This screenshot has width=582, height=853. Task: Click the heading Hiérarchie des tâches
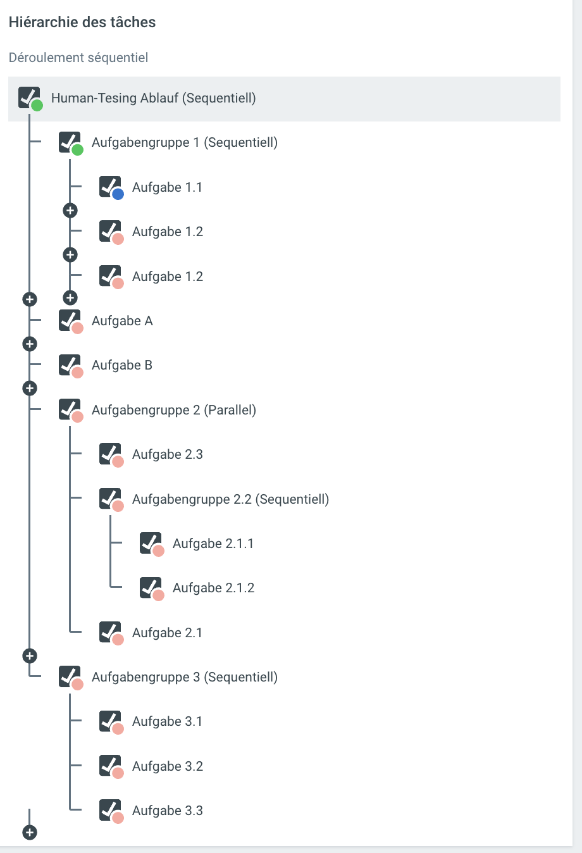[82, 22]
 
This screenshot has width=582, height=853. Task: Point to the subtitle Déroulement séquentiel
[78, 58]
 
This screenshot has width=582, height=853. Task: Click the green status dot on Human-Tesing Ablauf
[37, 105]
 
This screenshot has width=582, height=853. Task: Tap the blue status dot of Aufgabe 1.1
[118, 194]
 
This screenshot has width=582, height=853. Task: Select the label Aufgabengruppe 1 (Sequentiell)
[184, 142]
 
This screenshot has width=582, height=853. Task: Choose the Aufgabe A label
[122, 321]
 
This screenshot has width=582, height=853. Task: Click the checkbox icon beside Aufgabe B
[70, 364]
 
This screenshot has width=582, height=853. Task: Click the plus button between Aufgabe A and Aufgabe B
[30, 344]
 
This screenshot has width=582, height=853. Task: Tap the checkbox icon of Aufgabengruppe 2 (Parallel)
[70, 409]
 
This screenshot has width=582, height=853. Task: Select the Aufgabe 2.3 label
[167, 454]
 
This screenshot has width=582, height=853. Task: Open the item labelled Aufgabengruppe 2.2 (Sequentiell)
[230, 499]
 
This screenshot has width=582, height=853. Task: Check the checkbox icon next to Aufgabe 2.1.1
[151, 542]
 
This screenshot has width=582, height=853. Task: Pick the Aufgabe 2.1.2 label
[213, 588]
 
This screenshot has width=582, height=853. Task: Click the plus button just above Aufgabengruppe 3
[30, 656]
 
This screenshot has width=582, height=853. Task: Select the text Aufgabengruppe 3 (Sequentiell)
[184, 677]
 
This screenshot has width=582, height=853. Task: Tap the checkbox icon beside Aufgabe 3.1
[110, 721]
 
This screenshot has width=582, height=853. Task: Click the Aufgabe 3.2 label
[167, 766]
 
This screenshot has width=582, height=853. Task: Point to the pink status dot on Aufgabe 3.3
[118, 818]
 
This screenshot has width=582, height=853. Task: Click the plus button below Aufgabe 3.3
[30, 832]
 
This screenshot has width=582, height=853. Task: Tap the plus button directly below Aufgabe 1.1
[70, 210]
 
